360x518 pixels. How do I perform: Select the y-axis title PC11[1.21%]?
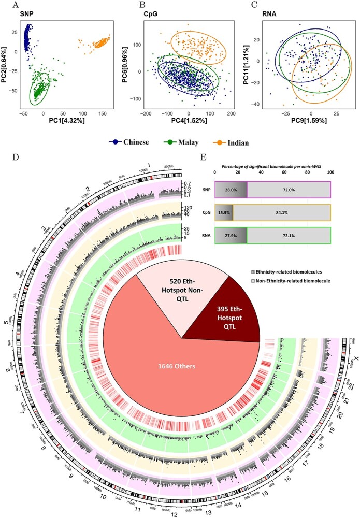pos(252,63)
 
